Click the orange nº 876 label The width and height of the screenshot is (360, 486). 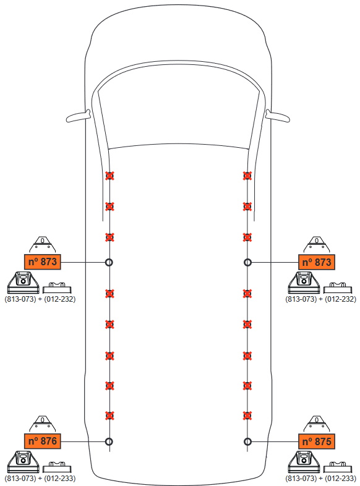[43, 441]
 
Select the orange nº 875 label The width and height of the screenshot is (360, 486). [317, 441]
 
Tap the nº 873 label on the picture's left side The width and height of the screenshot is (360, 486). [43, 262]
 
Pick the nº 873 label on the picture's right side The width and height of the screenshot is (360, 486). [317, 262]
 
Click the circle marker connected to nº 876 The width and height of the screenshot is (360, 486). [109, 441]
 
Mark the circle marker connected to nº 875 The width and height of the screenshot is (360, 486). [247, 441]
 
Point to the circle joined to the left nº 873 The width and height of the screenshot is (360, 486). [109, 262]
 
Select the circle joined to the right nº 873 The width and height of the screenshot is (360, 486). [247, 263]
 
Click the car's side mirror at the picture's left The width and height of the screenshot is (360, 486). [77, 116]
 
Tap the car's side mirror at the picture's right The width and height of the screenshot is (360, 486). [278, 116]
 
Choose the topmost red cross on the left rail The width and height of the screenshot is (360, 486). [109, 176]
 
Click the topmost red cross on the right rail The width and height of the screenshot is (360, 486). [247, 176]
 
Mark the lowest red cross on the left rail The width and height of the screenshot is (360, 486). [109, 416]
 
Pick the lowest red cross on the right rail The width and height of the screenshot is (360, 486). [247, 416]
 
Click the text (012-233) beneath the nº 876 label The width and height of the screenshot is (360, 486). [60, 478]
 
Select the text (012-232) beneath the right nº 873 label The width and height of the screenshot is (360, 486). [340, 299]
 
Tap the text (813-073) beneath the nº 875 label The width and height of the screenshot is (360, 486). [301, 478]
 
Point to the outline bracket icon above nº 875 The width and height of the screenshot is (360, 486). [317, 424]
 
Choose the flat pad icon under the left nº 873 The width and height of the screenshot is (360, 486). [57, 288]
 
